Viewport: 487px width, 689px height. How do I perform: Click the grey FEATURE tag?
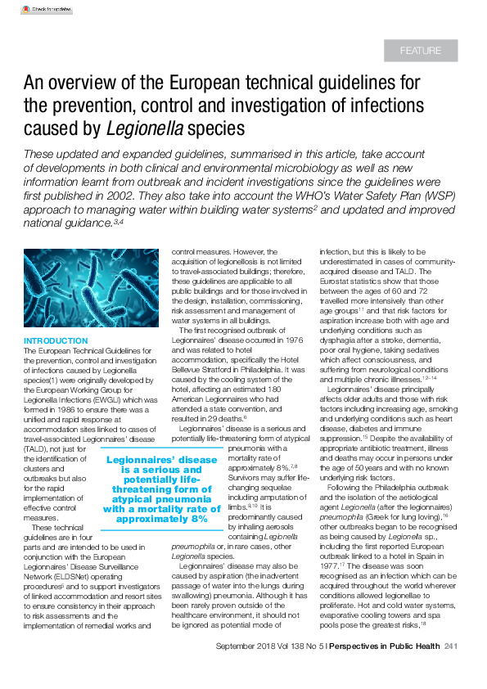pos(421,51)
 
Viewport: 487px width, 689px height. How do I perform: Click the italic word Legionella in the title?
pos(143,128)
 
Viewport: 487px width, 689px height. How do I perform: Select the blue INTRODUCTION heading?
pos(56,340)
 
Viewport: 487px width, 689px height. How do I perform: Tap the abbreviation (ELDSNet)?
pos(126,579)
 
